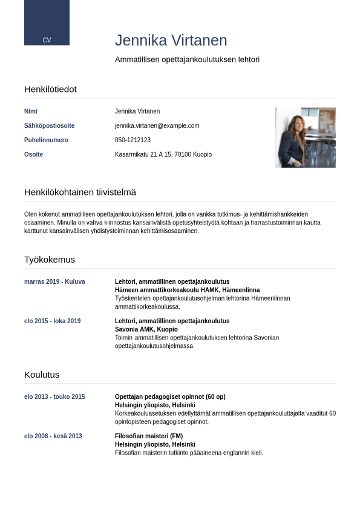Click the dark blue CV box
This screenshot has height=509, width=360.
click(x=47, y=22)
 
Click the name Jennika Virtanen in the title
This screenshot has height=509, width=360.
click(x=171, y=41)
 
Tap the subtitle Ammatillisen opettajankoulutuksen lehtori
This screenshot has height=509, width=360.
click(x=187, y=59)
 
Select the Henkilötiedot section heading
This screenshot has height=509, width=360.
click(x=50, y=89)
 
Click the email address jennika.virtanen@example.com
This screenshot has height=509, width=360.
click(x=157, y=126)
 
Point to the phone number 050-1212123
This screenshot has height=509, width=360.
click(x=133, y=140)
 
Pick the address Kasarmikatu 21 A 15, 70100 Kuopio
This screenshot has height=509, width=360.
click(x=163, y=155)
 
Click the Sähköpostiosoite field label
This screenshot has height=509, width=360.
click(x=49, y=126)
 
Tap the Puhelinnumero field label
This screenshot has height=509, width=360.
click(x=46, y=140)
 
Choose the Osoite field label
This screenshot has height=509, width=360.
click(x=33, y=155)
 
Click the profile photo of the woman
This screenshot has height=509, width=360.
click(x=305, y=137)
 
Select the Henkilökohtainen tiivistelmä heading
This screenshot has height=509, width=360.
click(x=80, y=192)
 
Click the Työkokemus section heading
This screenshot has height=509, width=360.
click(x=50, y=260)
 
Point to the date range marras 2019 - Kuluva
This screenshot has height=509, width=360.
click(x=54, y=282)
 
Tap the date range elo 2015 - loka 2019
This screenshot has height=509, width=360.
click(x=52, y=321)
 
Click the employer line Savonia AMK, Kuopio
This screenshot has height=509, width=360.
click(x=146, y=330)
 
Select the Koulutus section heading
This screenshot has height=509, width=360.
click(x=42, y=375)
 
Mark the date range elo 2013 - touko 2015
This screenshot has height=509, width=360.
click(x=54, y=397)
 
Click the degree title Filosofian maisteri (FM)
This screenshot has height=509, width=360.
click(x=149, y=436)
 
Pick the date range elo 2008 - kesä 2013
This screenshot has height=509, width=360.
click(x=53, y=436)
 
